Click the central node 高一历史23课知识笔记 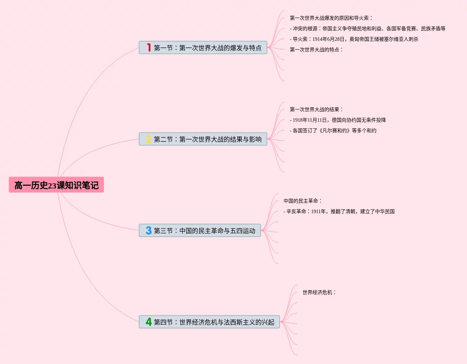pos(56,185)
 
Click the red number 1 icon pos(149,47)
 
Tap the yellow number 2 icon pos(149,139)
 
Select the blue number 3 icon pos(149,230)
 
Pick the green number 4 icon pos(149,322)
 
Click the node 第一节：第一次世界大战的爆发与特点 pos(207,48)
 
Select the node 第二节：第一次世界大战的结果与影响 pos(207,139)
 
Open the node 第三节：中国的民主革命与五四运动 pos(204,231)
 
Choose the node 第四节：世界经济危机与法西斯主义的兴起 pos(214,322)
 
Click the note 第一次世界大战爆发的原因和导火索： pos(331,18)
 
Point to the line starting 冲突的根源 pos(368,28)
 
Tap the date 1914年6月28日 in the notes pos(328,39)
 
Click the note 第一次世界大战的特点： pos(316,50)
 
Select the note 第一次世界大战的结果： pos(316,109)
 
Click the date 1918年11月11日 pos(310,120)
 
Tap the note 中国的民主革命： pos(303,201)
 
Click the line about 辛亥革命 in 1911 pos(339,211)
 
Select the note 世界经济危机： pos(319,292)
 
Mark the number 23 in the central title pos(52,186)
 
